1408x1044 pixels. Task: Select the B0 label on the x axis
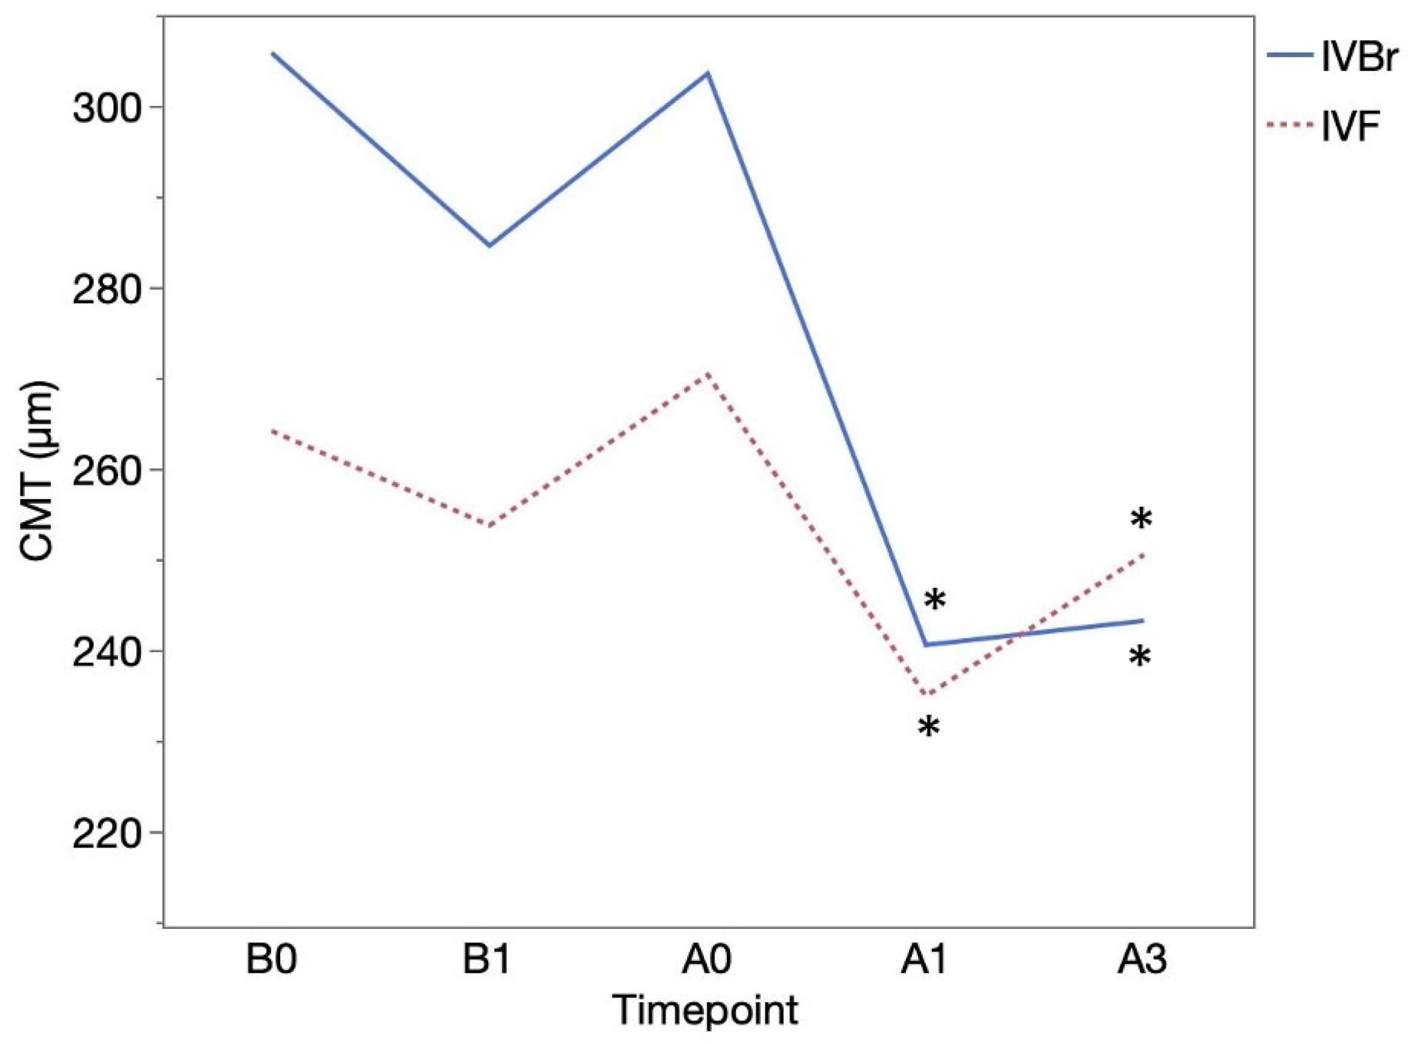(x=271, y=961)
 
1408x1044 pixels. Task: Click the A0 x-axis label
(x=707, y=961)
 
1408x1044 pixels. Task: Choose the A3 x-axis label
(x=1142, y=961)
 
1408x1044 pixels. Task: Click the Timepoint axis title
(x=706, y=1010)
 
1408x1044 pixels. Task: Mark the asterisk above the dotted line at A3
(x=1142, y=520)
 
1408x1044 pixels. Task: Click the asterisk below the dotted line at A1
(x=928, y=727)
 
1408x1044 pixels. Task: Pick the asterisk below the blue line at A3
(x=1140, y=657)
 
